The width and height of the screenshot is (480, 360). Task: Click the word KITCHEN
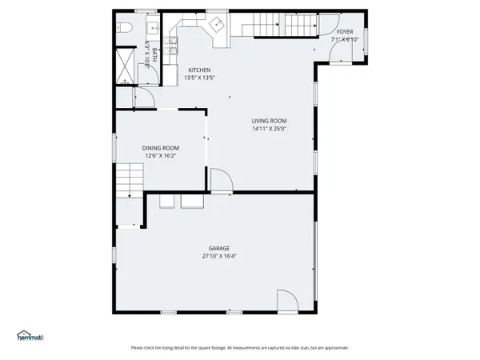point(199,70)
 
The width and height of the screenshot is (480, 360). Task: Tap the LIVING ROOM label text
point(269,121)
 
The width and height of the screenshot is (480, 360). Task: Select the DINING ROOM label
point(161,148)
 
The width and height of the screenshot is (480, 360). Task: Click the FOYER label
point(345,32)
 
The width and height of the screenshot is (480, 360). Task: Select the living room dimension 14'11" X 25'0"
point(269,129)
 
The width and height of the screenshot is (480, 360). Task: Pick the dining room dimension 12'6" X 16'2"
point(160,156)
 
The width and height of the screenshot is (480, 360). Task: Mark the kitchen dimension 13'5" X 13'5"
point(199,78)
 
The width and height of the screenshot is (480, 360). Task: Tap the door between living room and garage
point(222,182)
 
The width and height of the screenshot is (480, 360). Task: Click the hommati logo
point(30,336)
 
